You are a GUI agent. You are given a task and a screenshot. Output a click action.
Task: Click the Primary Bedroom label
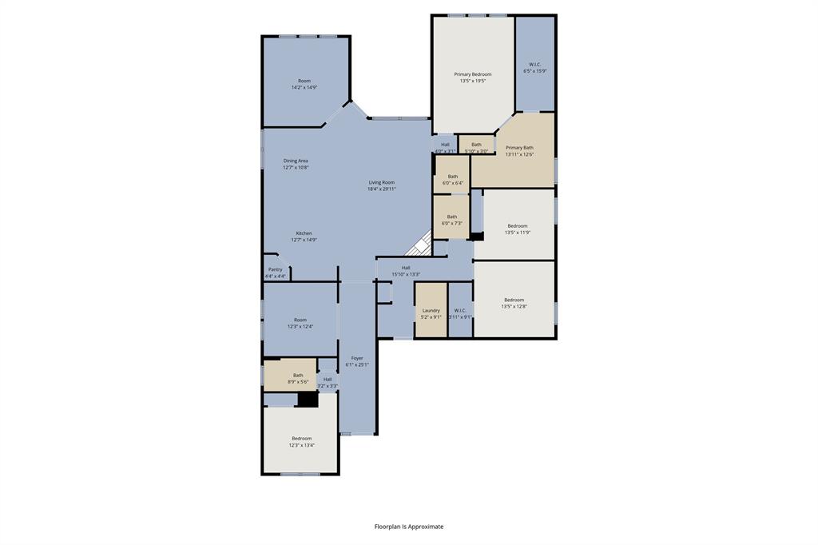472,74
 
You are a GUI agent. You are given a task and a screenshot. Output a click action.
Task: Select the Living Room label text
381,182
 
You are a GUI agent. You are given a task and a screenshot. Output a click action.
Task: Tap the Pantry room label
275,269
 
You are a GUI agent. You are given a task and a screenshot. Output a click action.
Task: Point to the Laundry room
431,310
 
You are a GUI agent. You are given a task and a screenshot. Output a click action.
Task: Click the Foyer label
357,358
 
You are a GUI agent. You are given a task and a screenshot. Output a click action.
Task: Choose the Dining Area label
296,161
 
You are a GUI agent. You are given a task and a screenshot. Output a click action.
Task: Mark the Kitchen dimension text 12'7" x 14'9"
304,240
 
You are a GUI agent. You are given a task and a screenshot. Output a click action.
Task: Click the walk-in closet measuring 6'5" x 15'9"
534,67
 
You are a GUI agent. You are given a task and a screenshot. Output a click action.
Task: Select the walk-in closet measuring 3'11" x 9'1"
460,313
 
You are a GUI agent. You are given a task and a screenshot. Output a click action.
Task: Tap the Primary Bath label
519,148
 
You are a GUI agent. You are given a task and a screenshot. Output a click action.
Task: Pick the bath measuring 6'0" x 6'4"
453,179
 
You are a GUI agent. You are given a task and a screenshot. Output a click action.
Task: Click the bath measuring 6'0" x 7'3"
452,219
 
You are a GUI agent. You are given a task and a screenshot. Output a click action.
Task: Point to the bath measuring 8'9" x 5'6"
298,378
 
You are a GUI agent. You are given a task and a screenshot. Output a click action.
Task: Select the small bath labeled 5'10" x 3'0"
476,147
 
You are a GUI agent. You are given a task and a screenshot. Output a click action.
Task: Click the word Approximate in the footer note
426,527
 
